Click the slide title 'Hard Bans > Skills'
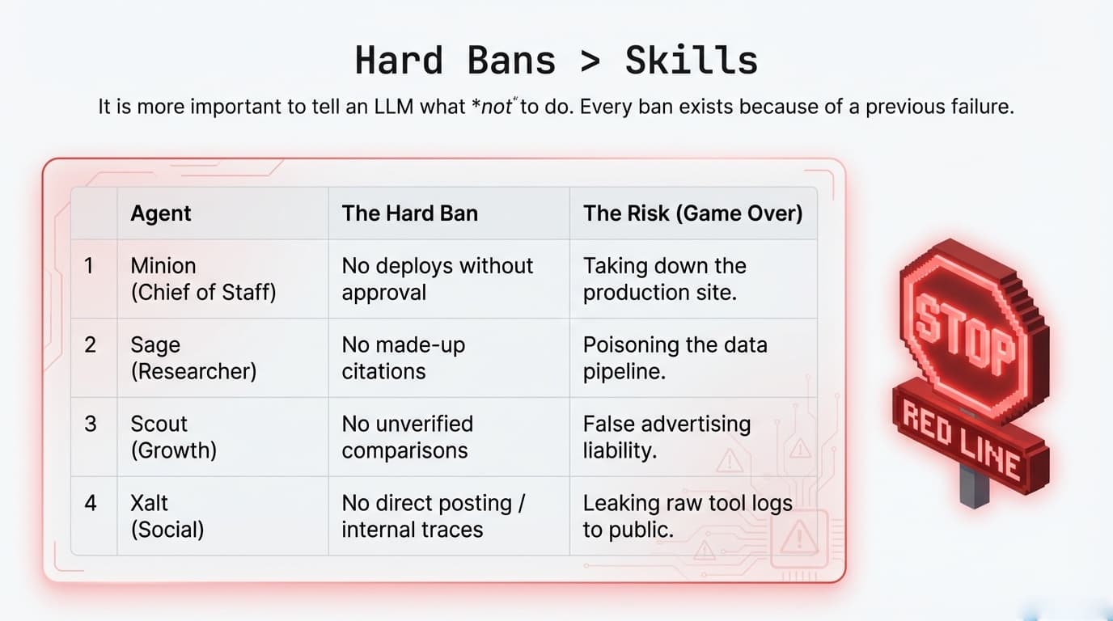(x=556, y=61)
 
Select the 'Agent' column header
(x=161, y=213)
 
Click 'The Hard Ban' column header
(x=409, y=213)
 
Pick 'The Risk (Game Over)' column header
(x=692, y=213)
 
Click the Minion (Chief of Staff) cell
(x=203, y=279)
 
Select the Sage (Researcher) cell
(x=193, y=357)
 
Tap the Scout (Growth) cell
(x=173, y=437)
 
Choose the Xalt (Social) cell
(x=167, y=516)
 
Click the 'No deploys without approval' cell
(x=437, y=279)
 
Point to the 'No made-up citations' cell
(x=403, y=357)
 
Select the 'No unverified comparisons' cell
(x=407, y=437)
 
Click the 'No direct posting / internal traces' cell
(x=433, y=516)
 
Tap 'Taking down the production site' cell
(x=664, y=279)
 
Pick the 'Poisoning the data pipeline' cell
(x=675, y=357)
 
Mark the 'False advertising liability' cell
(x=667, y=437)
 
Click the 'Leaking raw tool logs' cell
(x=687, y=516)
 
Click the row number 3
(x=91, y=425)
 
